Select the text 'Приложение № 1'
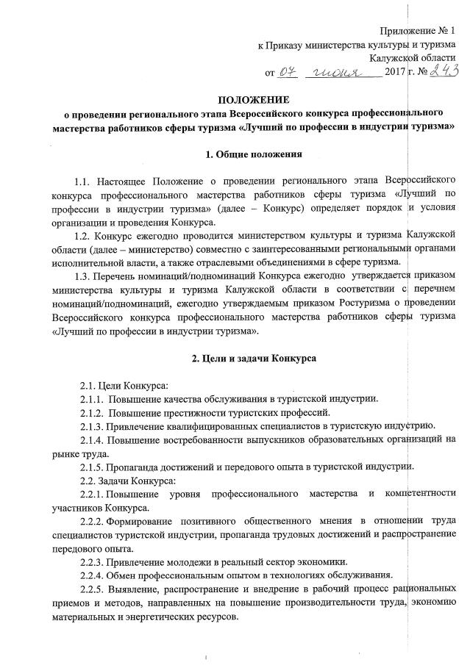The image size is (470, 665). [x=423, y=30]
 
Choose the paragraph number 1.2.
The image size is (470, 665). [x=85, y=236]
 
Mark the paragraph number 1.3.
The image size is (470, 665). [x=85, y=278]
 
